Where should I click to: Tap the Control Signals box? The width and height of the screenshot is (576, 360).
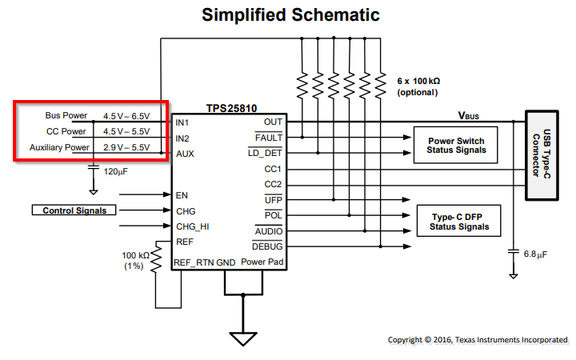[x=74, y=210]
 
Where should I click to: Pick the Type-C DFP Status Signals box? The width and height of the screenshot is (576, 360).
[x=454, y=222]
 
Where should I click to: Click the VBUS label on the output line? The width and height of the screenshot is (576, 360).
[x=468, y=116]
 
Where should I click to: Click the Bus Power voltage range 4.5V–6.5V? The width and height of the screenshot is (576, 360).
[x=126, y=116]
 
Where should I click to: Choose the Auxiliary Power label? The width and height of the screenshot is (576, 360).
[x=59, y=147]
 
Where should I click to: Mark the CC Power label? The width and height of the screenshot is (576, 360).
[x=66, y=131]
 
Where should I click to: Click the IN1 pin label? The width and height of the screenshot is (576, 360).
[x=182, y=122]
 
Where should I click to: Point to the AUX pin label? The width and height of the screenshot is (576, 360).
[x=185, y=153]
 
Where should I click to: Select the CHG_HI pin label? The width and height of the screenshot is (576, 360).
[x=192, y=226]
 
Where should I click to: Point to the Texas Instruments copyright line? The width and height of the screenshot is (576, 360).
[x=478, y=340]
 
